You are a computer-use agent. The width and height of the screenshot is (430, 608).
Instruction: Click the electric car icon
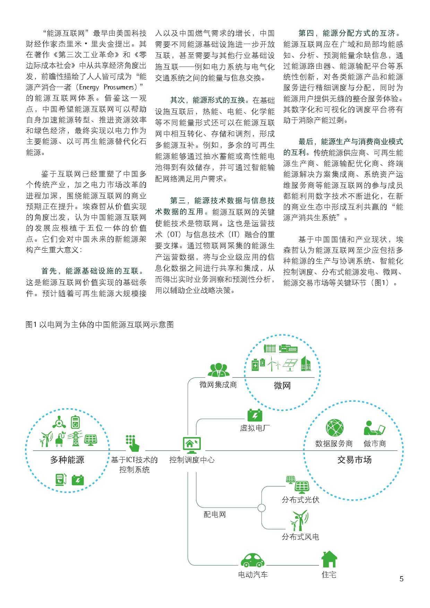[252, 559]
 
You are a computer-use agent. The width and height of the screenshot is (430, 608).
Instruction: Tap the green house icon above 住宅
[329, 559]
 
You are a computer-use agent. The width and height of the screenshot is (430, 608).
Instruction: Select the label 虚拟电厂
[255, 428]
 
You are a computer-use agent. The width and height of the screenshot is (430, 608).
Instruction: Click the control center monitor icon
[192, 445]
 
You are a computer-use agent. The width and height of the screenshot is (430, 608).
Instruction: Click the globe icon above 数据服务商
[335, 428]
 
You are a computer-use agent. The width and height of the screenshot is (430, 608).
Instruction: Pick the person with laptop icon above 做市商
[374, 428]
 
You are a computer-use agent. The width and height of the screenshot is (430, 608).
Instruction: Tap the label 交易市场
[354, 460]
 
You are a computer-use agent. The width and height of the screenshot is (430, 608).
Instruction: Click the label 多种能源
[67, 460]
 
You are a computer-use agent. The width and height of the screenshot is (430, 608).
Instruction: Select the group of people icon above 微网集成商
[218, 370]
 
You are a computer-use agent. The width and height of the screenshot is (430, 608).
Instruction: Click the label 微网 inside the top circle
[282, 385]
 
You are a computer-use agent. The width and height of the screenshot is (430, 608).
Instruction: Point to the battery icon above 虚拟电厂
[255, 415]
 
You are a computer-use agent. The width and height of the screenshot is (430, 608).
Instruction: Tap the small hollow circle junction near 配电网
[262, 508]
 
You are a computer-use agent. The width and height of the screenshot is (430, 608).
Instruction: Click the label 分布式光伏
[301, 500]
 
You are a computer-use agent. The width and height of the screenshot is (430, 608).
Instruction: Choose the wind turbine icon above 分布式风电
[299, 520]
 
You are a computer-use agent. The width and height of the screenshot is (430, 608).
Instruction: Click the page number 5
[402, 579]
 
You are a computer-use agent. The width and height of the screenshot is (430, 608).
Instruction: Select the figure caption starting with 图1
[100, 324]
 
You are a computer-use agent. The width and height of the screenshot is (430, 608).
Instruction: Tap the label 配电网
[215, 514]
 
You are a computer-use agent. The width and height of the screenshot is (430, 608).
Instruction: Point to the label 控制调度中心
[192, 460]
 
